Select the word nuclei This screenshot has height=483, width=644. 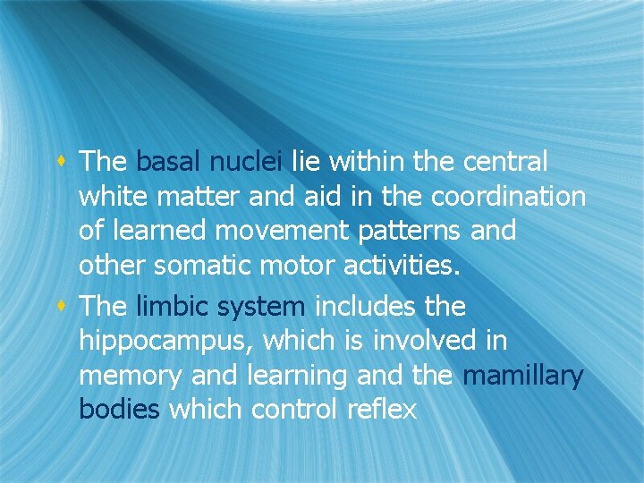click(x=245, y=162)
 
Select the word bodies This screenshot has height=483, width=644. click(x=120, y=410)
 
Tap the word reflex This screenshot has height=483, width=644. click(x=384, y=410)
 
